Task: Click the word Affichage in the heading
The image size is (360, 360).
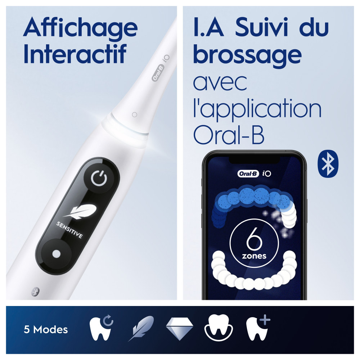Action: click(80, 28)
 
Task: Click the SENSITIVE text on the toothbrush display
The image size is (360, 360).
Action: click(69, 230)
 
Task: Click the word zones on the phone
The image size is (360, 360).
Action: click(254, 256)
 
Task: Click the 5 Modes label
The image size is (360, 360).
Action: click(46, 329)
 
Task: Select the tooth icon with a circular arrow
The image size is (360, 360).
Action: click(100, 328)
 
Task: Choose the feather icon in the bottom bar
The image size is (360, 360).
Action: click(141, 328)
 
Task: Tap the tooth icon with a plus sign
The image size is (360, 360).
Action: click(257, 328)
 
